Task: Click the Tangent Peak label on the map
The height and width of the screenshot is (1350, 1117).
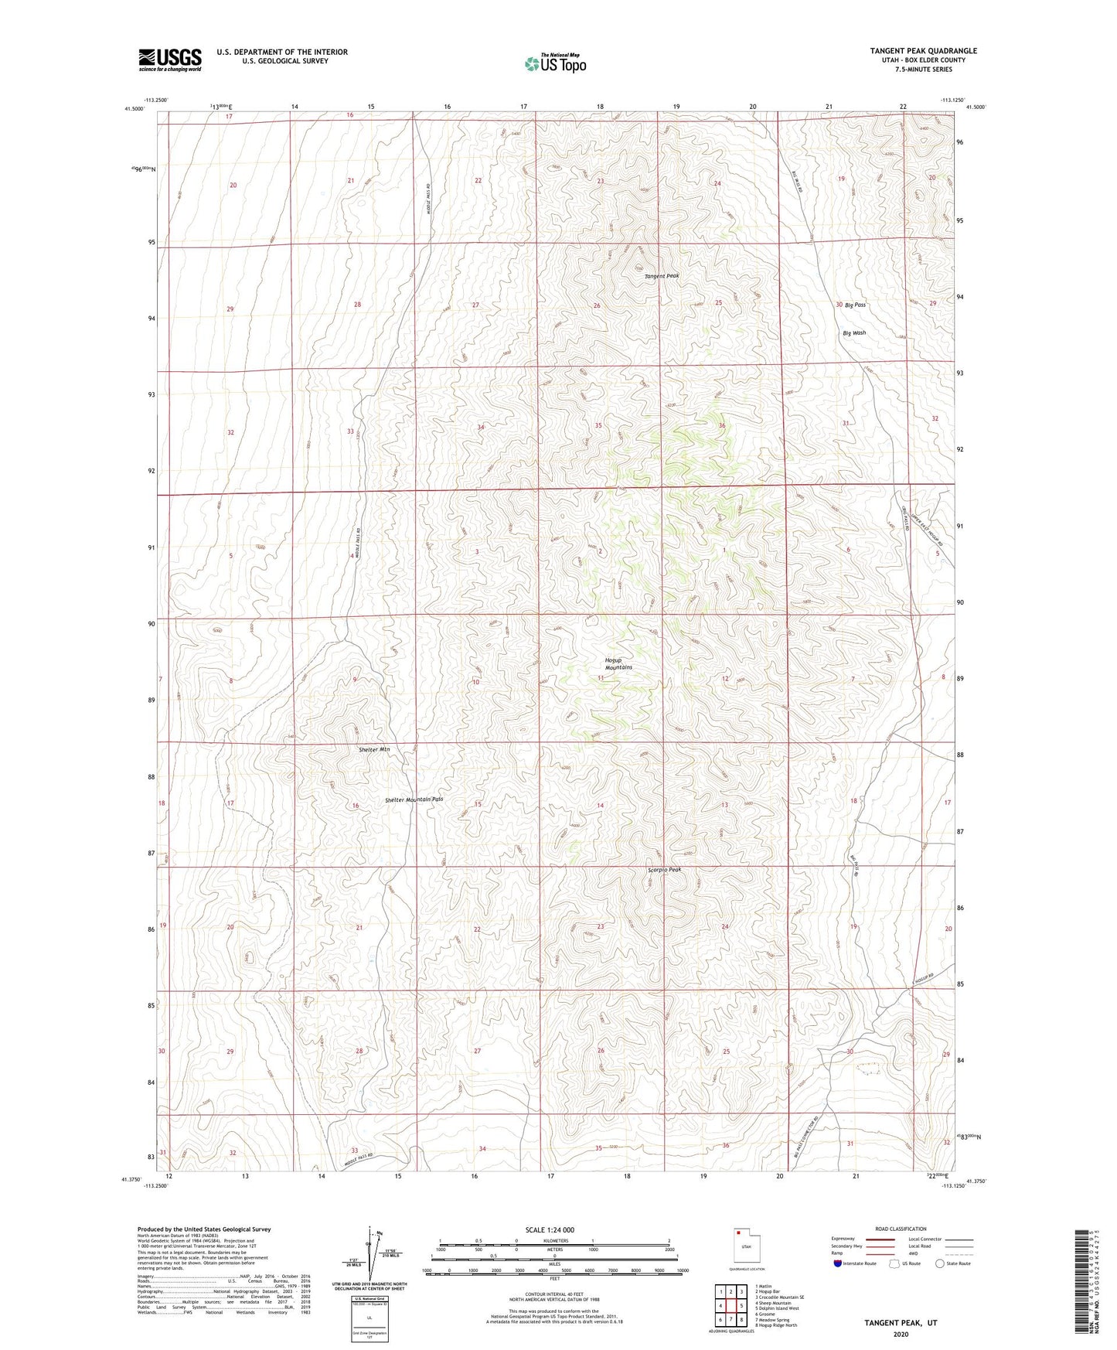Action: pyautogui.click(x=662, y=276)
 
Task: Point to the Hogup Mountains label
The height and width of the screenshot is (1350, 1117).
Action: pyautogui.click(x=618, y=663)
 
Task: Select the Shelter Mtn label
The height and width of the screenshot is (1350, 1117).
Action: pyautogui.click(x=374, y=749)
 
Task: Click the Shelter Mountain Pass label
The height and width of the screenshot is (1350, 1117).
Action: pyautogui.click(x=414, y=799)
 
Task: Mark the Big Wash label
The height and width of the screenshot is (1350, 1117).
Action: pyautogui.click(x=854, y=333)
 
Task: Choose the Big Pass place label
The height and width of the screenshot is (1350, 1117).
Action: pyautogui.click(x=855, y=305)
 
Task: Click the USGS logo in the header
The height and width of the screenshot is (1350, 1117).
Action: pyautogui.click(x=170, y=60)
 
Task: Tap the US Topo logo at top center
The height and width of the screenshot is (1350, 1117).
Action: pyautogui.click(x=554, y=63)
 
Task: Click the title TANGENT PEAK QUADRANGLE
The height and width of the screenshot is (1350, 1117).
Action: pyautogui.click(x=923, y=51)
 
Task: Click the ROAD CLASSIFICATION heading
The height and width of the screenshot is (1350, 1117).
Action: pyautogui.click(x=901, y=1229)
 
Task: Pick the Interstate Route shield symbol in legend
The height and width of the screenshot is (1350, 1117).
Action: pyautogui.click(x=838, y=1263)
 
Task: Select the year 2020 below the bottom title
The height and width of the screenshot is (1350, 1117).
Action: pyautogui.click(x=901, y=1334)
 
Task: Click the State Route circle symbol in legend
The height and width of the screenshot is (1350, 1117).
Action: pyautogui.click(x=939, y=1263)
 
